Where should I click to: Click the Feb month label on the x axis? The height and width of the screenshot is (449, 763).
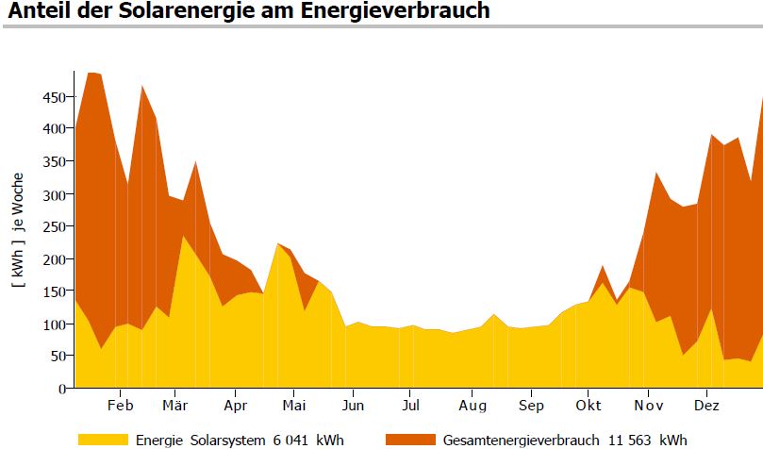pyautogui.click(x=120, y=406)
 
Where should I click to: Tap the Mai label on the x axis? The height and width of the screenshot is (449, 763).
pyautogui.click(x=294, y=406)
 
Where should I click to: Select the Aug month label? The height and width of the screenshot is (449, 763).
pyautogui.click(x=473, y=406)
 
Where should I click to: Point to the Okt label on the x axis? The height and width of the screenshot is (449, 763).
pyautogui.click(x=588, y=406)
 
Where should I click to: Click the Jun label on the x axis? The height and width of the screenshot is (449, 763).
pyautogui.click(x=352, y=406)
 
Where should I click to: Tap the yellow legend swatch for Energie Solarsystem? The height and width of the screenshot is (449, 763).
pyautogui.click(x=102, y=440)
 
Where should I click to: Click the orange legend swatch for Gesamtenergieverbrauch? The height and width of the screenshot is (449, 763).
pyautogui.click(x=410, y=440)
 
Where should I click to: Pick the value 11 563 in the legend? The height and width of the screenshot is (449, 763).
pyautogui.click(x=641, y=440)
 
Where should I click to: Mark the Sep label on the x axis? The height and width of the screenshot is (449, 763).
pyautogui.click(x=531, y=406)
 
